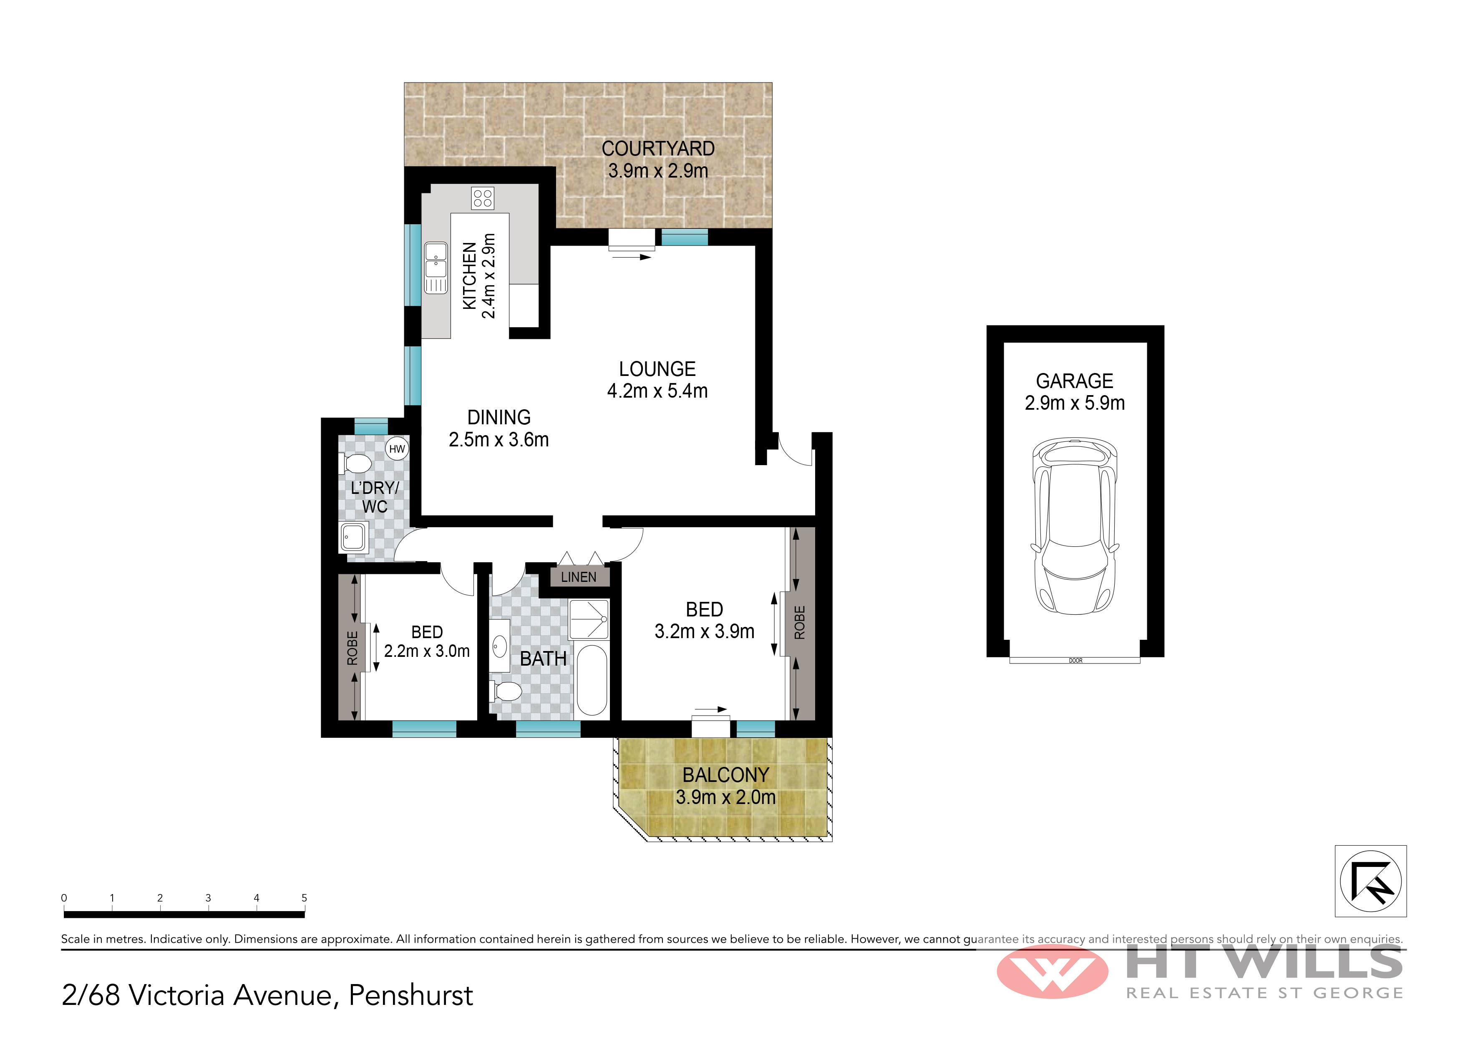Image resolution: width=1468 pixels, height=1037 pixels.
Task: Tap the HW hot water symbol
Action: pyautogui.click(x=397, y=448)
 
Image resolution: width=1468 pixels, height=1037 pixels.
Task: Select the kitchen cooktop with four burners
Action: pyautogui.click(x=483, y=198)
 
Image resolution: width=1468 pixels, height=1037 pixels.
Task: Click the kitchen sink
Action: pyautogui.click(x=436, y=267)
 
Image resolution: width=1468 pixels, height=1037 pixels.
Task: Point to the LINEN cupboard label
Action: pyautogui.click(x=579, y=577)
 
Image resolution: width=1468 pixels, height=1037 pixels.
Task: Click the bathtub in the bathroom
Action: pyautogui.click(x=592, y=680)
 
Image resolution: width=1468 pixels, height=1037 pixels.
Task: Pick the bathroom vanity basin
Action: pyautogui.click(x=500, y=646)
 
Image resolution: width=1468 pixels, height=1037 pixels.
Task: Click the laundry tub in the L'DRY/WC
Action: pyautogui.click(x=354, y=537)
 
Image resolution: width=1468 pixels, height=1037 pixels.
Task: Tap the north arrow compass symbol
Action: pyautogui.click(x=1371, y=882)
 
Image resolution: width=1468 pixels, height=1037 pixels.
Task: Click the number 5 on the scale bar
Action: pyautogui.click(x=305, y=898)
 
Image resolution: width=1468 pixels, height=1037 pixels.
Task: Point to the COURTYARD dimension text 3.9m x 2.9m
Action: pyautogui.click(x=658, y=170)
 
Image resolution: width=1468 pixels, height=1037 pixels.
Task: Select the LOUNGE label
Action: pyautogui.click(x=657, y=369)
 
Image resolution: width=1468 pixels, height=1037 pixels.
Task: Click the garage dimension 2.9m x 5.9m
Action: pyautogui.click(x=1075, y=403)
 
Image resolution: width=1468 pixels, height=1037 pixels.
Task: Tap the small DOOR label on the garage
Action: pyautogui.click(x=1075, y=661)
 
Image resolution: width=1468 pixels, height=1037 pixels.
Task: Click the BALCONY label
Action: pyautogui.click(x=726, y=775)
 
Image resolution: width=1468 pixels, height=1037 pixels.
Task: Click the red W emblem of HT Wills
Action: pyautogui.click(x=1053, y=971)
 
